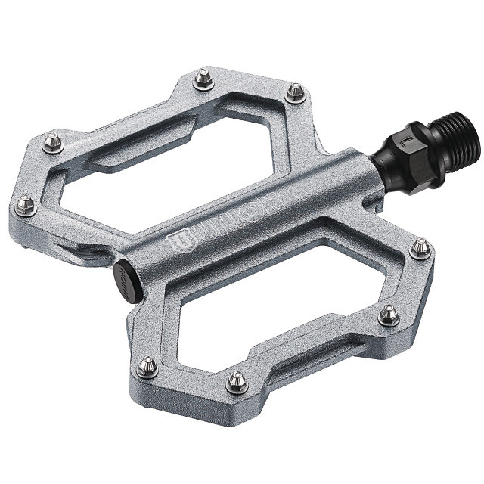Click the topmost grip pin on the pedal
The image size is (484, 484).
point(203,78)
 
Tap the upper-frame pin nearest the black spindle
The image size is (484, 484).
point(296,92)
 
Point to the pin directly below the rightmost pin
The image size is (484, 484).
point(389,314)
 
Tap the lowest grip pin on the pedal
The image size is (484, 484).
point(237,382)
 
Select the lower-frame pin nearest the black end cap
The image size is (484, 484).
point(148,368)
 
